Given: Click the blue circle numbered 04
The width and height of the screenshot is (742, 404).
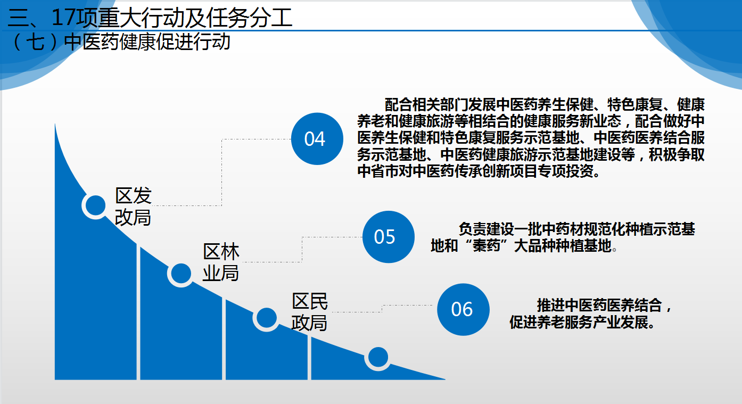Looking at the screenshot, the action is pyautogui.click(x=317, y=139).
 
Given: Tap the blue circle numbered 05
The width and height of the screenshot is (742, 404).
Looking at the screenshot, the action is pyautogui.click(x=388, y=237).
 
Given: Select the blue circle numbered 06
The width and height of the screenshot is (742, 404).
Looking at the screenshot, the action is pyautogui.click(x=463, y=309).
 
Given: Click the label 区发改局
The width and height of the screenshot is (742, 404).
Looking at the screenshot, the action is pyautogui.click(x=133, y=207).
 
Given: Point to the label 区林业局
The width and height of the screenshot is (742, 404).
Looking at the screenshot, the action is pyautogui.click(x=221, y=262).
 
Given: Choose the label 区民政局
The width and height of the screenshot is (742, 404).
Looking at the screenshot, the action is pyautogui.click(x=310, y=311).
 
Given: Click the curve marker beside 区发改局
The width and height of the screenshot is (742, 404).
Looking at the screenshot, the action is pyautogui.click(x=95, y=205).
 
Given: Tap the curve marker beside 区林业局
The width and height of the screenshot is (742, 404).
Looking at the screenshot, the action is pyautogui.click(x=181, y=274).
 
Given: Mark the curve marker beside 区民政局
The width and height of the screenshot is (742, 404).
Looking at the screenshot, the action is pyautogui.click(x=266, y=318).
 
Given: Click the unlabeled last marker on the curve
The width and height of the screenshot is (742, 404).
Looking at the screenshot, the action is pyautogui.click(x=378, y=357).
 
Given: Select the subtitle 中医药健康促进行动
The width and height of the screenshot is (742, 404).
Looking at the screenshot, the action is pyautogui.click(x=147, y=42).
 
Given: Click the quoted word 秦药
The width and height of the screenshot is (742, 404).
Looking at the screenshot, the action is pyautogui.click(x=486, y=246).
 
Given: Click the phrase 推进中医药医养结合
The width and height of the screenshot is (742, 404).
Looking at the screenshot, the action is pyautogui.click(x=599, y=306).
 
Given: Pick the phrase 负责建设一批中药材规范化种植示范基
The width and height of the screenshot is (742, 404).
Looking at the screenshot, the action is pyautogui.click(x=576, y=229).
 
